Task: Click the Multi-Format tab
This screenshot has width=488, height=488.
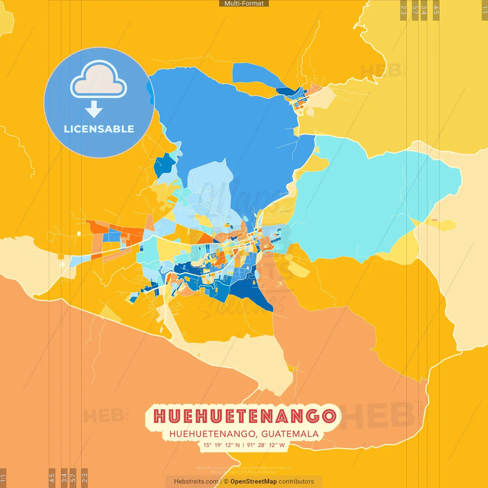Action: (x=244, y=3)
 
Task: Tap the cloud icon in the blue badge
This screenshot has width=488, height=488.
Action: (x=99, y=79)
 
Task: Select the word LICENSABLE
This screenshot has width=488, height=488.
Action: (x=99, y=129)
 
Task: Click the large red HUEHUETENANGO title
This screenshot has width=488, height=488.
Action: (x=245, y=416)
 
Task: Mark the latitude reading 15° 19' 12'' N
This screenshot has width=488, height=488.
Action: (x=222, y=445)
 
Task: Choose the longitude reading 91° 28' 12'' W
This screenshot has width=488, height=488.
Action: (x=266, y=445)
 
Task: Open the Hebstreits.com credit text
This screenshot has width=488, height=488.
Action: (x=196, y=482)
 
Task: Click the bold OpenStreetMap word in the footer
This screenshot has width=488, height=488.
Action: (x=254, y=482)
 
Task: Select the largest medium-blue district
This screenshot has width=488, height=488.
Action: (x=229, y=122)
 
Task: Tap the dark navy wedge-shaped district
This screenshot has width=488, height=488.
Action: (x=252, y=294)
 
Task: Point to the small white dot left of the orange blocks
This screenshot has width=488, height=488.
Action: (x=79, y=233)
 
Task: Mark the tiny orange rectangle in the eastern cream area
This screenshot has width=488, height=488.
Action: (x=434, y=220)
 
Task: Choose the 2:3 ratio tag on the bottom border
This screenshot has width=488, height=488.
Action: (x=85, y=477)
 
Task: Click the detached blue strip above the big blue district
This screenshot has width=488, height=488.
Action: (x=255, y=74)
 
